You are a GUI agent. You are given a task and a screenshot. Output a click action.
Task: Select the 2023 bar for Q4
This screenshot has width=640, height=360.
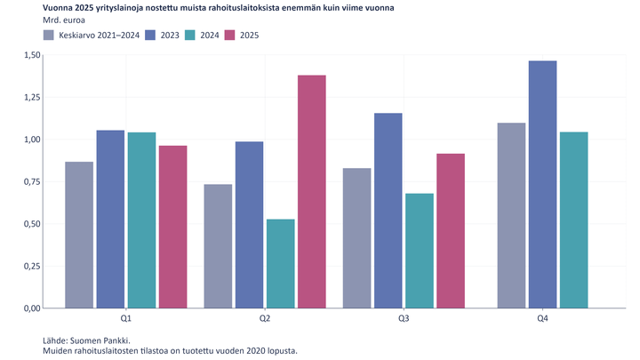point(517,184)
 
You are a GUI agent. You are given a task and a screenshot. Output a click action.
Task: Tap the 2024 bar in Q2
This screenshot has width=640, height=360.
point(280,263)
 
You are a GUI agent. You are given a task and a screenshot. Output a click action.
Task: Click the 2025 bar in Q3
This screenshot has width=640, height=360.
point(450,230)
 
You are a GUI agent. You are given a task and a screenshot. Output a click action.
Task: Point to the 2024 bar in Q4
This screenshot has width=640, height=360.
point(573,220)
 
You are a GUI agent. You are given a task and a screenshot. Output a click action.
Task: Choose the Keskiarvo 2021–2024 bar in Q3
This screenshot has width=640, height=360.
point(356,237)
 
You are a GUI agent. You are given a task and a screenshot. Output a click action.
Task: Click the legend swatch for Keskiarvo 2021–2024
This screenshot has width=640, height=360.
point(50,35)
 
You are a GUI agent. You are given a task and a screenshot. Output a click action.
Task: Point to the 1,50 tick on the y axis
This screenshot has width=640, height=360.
point(30,55)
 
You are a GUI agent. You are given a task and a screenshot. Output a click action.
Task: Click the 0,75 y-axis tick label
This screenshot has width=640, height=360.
point(30,181)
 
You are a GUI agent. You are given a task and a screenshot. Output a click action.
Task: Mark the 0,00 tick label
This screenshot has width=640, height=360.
point(30,308)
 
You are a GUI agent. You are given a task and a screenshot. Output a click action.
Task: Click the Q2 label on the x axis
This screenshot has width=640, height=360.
point(265,318)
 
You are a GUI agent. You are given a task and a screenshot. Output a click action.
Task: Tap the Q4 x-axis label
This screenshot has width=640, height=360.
point(542,318)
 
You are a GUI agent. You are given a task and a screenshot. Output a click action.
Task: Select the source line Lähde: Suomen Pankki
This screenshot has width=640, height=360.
point(86,340)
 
